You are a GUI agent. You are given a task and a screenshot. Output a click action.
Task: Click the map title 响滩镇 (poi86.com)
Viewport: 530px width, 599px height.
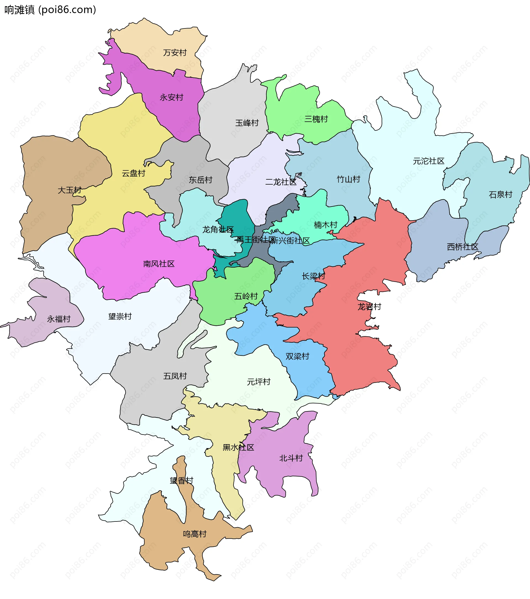pyautogui.click(x=50, y=10)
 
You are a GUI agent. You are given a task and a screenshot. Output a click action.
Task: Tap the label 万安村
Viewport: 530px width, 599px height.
pyautogui.click(x=175, y=53)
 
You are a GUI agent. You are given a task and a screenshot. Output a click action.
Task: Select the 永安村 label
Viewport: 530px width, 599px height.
pyautogui.click(x=171, y=97)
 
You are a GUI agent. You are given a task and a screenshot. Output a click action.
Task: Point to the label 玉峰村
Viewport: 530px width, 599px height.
pyautogui.click(x=247, y=123)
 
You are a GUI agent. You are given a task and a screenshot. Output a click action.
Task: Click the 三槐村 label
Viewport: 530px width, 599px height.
pyautogui.click(x=316, y=119)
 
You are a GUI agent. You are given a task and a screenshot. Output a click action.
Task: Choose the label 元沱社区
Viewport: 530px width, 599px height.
pyautogui.click(x=428, y=161)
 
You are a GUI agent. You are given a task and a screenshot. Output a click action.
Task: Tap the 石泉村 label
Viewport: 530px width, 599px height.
pyautogui.click(x=500, y=195)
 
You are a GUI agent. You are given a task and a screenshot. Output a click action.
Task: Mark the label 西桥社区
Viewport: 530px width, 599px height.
pyautogui.click(x=462, y=247)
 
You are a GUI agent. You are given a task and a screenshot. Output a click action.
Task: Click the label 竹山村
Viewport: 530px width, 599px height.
pyautogui.click(x=348, y=179)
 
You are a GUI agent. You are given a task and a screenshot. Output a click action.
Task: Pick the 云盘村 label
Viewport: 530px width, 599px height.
pyautogui.click(x=133, y=174)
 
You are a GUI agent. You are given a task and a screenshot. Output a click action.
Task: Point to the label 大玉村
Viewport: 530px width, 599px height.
pyautogui.click(x=70, y=190)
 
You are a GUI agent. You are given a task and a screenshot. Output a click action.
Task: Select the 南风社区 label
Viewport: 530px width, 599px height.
pyautogui.click(x=159, y=264)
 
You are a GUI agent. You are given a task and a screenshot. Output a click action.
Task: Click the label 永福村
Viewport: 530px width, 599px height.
pyautogui.click(x=59, y=319)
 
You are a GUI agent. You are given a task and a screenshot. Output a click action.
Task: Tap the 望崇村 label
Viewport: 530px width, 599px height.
pyautogui.click(x=120, y=316)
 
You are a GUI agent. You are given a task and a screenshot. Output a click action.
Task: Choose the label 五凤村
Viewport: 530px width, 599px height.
pyautogui.click(x=175, y=376)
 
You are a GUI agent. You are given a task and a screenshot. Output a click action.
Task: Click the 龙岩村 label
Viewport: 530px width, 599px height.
pyautogui.click(x=369, y=307)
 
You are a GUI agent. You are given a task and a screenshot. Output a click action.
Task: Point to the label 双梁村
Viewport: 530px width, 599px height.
pyautogui.click(x=297, y=357)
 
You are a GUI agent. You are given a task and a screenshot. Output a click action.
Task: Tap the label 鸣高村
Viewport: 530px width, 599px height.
pyautogui.click(x=195, y=534)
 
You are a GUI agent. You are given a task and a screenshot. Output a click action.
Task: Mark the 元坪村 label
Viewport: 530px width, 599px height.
pyautogui.click(x=258, y=382)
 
